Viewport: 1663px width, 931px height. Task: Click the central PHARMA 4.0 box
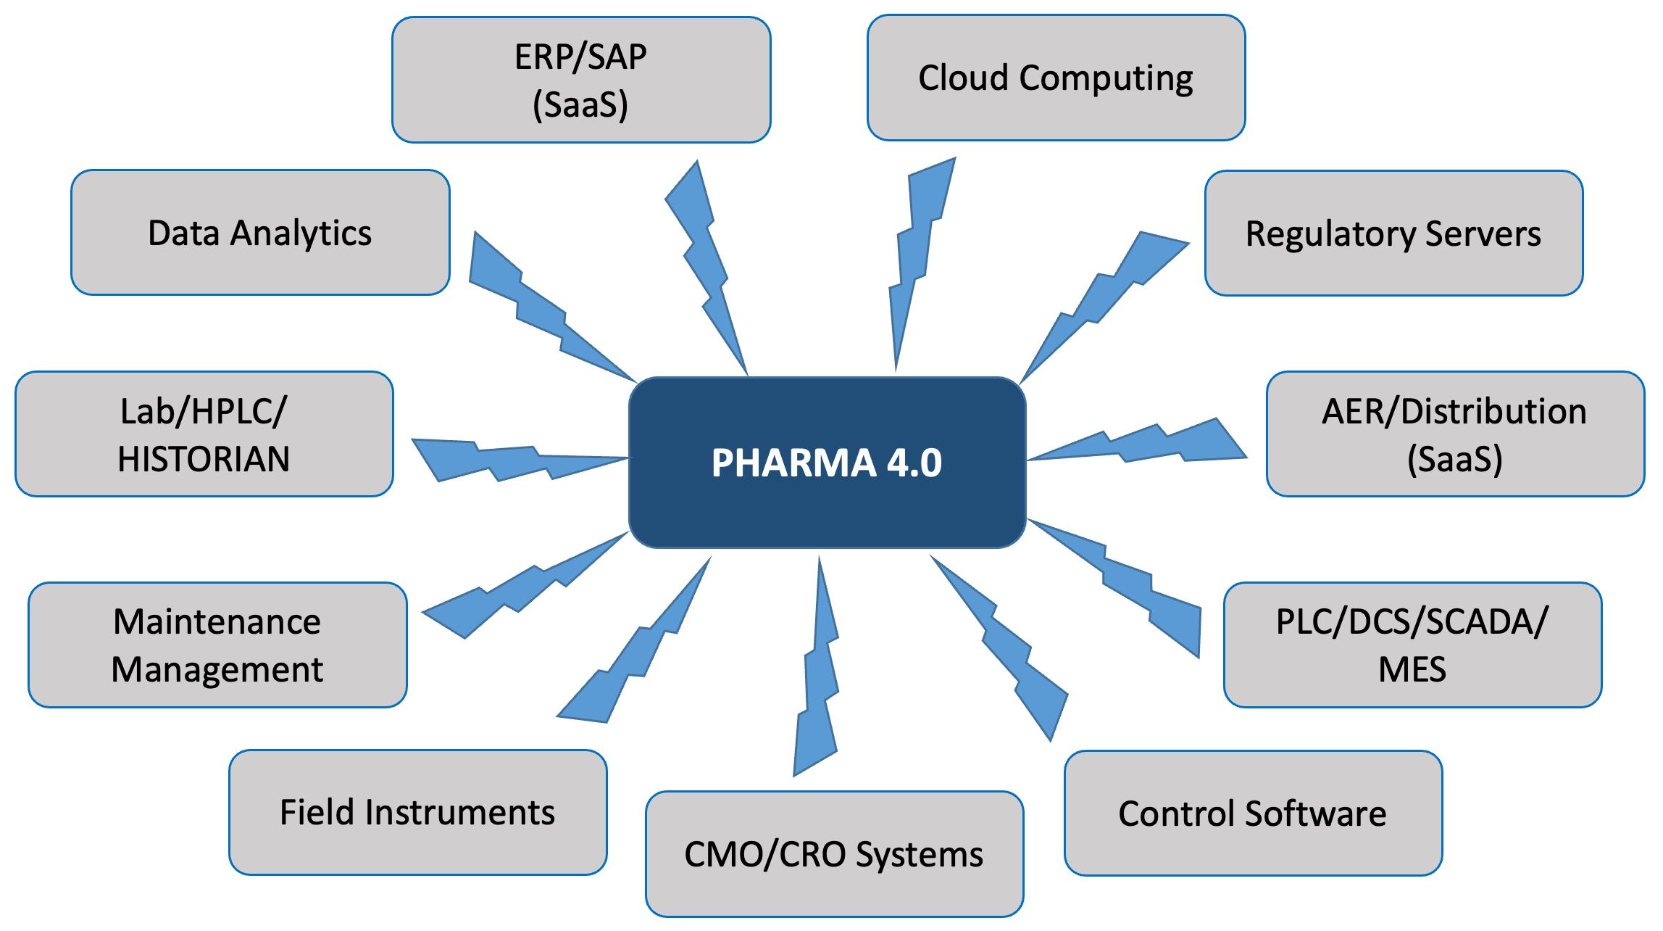pyautogui.click(x=827, y=463)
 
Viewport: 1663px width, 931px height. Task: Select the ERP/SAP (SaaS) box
pyautogui.click(x=581, y=80)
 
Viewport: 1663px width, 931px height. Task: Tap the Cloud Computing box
pyautogui.click(x=1056, y=78)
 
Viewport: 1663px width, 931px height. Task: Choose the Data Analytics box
pyautogui.click(x=260, y=233)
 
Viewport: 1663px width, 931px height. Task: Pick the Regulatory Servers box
pyautogui.click(x=1393, y=233)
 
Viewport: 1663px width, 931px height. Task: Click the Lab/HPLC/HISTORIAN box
pyautogui.click(x=204, y=434)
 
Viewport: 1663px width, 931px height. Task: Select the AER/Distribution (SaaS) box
pyautogui.click(x=1455, y=434)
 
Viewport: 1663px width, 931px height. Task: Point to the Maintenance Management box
pyautogui.click(x=217, y=645)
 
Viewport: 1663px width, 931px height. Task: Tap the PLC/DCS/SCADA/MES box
pyautogui.click(x=1412, y=645)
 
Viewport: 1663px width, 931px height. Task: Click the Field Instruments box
pyautogui.click(x=417, y=812)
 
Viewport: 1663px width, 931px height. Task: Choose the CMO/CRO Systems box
pyautogui.click(x=834, y=854)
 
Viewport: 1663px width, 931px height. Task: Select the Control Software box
pyautogui.click(x=1253, y=813)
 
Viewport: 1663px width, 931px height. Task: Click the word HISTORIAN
pyautogui.click(x=204, y=459)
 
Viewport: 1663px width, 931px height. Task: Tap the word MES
pyautogui.click(x=1412, y=669)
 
